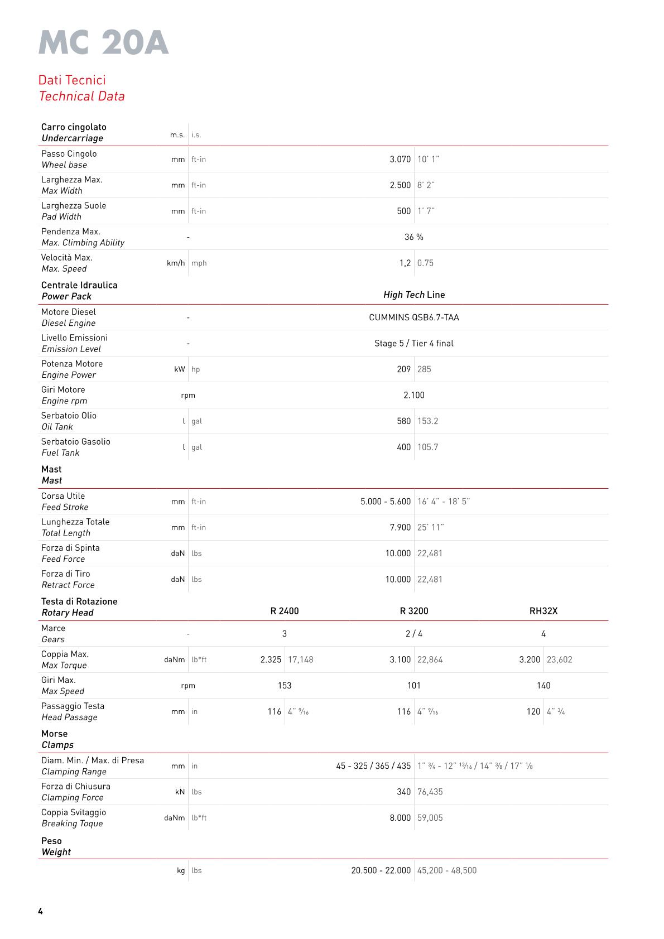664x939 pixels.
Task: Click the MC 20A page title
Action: pos(103,43)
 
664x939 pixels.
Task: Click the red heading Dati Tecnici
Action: pos(72,80)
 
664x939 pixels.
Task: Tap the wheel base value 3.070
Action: pos(400,159)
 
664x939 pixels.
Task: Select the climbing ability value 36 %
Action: pos(413,237)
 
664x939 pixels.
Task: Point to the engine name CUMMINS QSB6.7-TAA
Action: pos(413,317)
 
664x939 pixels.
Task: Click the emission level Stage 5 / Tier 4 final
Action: pos(413,343)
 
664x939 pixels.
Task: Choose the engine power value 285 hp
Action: pos(424,369)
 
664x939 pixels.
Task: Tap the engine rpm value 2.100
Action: pos(413,395)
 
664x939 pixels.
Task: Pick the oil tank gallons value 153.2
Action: pos(427,421)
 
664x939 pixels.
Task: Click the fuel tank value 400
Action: pos(403,447)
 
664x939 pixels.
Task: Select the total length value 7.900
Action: pos(400,527)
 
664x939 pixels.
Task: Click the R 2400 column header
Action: pos(285,611)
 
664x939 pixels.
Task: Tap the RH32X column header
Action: pos(543,611)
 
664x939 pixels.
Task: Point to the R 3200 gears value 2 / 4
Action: pos(413,634)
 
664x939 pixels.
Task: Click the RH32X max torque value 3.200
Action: pos(530,659)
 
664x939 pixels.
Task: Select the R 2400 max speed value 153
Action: pos(285,686)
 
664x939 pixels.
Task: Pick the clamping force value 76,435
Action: pos(430,792)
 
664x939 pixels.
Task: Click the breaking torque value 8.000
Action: pos(400,818)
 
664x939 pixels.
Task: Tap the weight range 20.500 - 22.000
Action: pos(381,870)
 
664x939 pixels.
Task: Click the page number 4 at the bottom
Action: pos(40,911)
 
